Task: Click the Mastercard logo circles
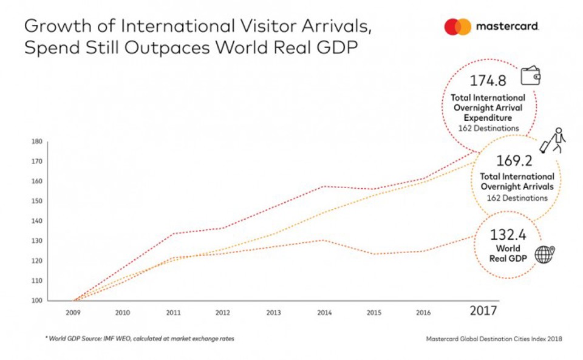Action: click(x=457, y=27)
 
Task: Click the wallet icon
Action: click(x=530, y=76)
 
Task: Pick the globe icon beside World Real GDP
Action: click(x=544, y=254)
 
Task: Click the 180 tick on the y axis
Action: click(x=36, y=141)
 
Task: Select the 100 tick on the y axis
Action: click(x=36, y=301)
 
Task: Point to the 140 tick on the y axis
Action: click(x=36, y=221)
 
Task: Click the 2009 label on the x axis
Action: click(x=73, y=312)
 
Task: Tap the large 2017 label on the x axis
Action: click(x=483, y=311)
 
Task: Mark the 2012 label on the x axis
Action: click(x=222, y=312)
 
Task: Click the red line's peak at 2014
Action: click(x=324, y=186)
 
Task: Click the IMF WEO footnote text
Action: click(x=139, y=339)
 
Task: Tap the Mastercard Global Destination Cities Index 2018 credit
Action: click(x=494, y=339)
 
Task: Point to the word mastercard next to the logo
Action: click(x=508, y=27)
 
